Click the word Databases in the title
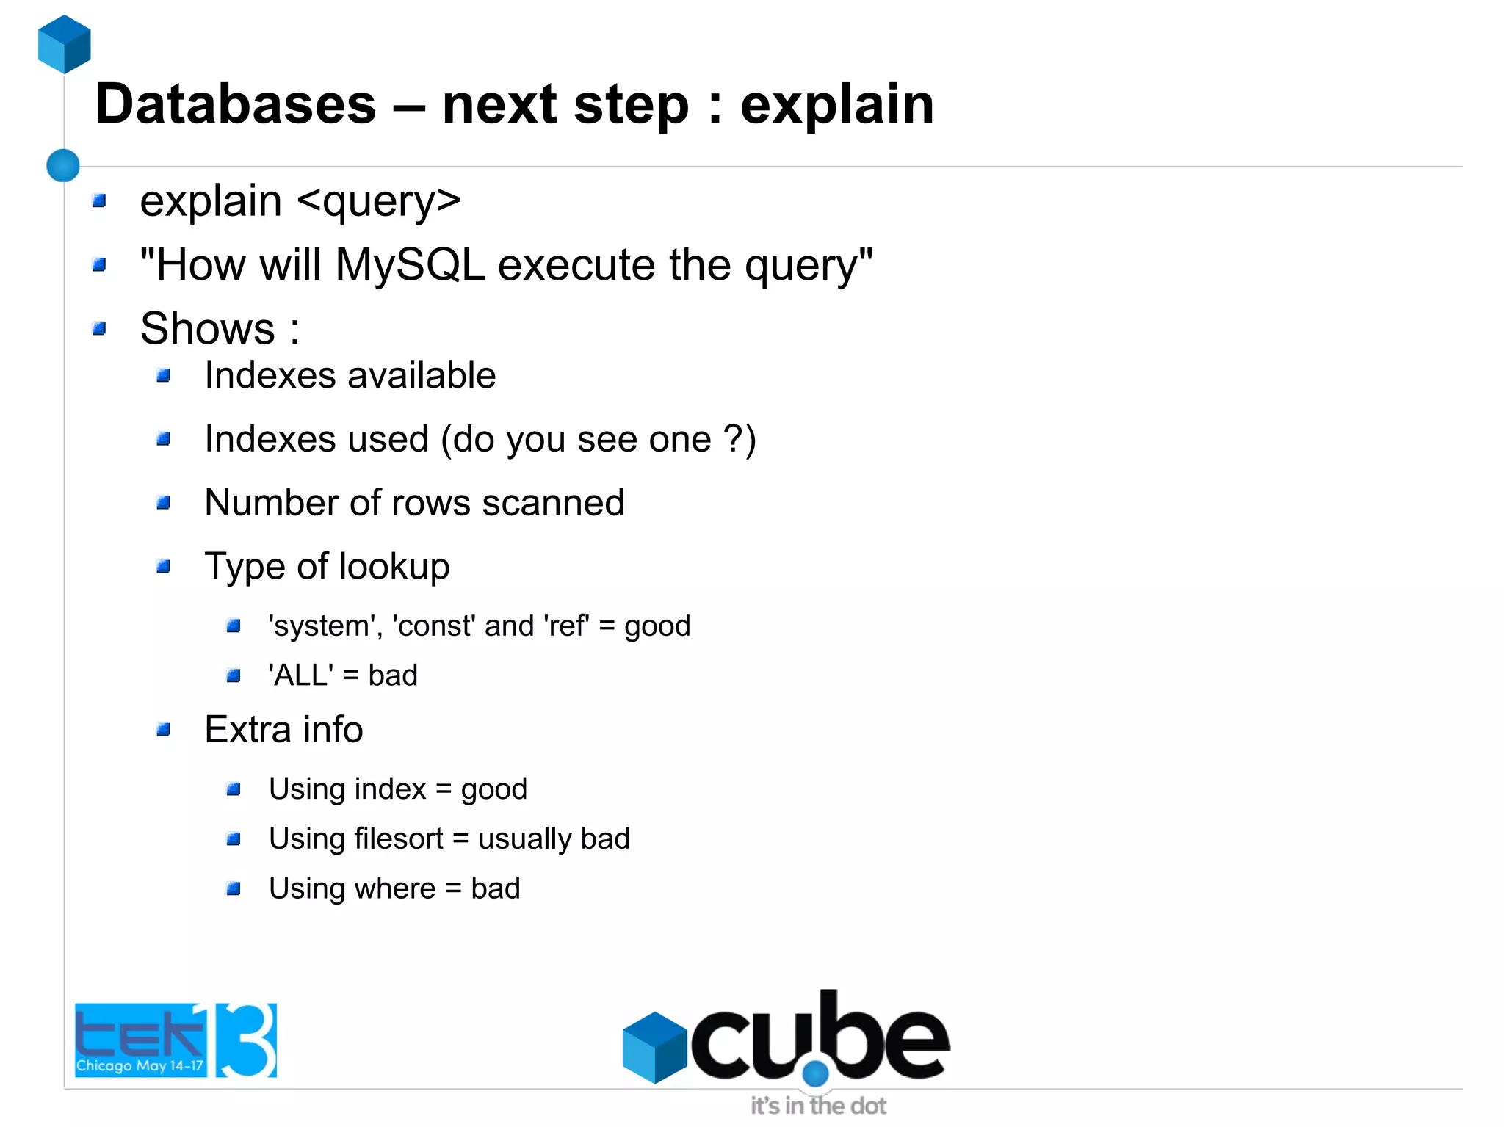[x=235, y=105]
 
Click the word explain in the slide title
[x=836, y=105]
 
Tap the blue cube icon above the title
[x=65, y=44]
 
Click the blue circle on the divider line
[x=63, y=165]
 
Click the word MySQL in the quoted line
[x=410, y=264]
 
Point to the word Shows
[x=208, y=328]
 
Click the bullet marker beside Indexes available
[x=164, y=376]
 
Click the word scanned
[x=553, y=503]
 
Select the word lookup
[x=394, y=567]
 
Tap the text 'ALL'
[x=300, y=675]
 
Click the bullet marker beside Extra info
[x=164, y=730]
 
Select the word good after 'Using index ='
[x=493, y=790]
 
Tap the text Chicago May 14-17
[x=140, y=1065]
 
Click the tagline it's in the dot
[x=818, y=1106]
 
